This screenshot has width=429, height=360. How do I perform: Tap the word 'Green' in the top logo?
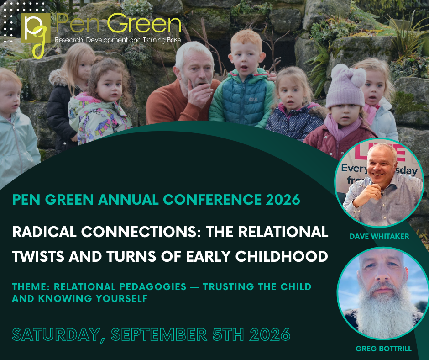[144, 24]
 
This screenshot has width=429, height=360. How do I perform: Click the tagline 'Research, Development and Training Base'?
[118, 40]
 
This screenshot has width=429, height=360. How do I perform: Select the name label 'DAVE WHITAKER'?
[379, 236]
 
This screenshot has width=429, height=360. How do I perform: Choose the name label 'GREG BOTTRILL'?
[383, 349]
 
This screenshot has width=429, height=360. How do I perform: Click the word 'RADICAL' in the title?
[44, 232]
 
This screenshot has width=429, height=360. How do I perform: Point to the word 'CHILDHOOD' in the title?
[282, 256]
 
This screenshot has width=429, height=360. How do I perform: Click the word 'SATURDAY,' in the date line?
[58, 335]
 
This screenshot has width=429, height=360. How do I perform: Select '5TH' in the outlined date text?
[228, 334]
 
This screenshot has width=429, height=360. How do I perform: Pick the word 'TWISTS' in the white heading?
[38, 256]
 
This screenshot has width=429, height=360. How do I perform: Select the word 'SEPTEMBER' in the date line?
[159, 334]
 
